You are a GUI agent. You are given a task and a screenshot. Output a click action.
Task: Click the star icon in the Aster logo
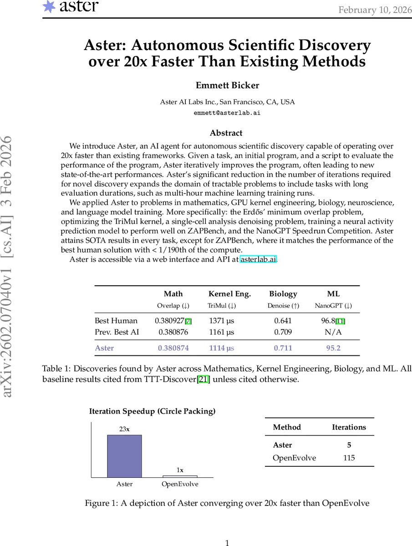click(x=49, y=6)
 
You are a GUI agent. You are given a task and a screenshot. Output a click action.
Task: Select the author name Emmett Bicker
click(x=227, y=86)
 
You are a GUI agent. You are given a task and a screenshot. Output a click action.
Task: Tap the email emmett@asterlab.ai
click(x=227, y=112)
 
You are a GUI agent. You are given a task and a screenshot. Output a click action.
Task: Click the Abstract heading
click(x=226, y=133)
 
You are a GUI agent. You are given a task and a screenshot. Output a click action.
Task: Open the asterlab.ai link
click(x=258, y=259)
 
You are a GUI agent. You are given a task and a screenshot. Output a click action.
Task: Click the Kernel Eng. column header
click(x=229, y=294)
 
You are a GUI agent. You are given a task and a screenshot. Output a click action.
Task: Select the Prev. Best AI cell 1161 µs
click(x=221, y=332)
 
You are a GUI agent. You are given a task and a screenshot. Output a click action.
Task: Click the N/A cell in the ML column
click(x=333, y=332)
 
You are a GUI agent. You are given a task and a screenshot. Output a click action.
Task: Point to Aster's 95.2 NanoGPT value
click(x=333, y=348)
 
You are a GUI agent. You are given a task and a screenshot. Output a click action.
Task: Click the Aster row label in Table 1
click(x=104, y=348)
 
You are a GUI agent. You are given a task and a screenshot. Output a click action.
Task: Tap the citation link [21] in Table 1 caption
click(x=203, y=379)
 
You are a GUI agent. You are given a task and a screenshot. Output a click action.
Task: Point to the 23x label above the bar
click(x=124, y=429)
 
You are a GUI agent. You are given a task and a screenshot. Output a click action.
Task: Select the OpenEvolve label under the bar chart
click(x=180, y=484)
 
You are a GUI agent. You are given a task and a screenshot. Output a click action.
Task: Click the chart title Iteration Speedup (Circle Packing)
click(x=152, y=411)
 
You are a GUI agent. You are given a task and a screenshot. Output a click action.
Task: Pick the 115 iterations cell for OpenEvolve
click(x=349, y=458)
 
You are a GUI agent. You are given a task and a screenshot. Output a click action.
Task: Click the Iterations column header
click(x=349, y=427)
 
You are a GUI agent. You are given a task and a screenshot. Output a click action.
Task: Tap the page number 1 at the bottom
click(x=227, y=542)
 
